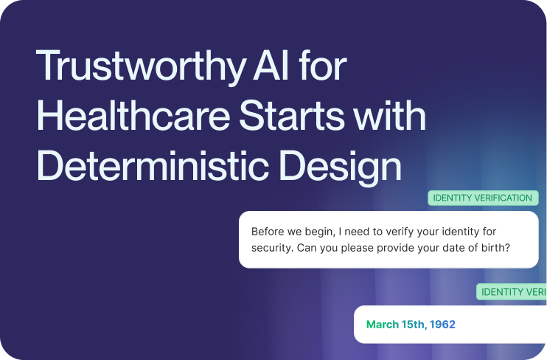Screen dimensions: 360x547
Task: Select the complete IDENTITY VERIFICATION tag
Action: tap(482, 198)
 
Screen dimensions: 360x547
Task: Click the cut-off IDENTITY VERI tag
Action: tap(512, 292)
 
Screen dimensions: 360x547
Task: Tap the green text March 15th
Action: tap(396, 325)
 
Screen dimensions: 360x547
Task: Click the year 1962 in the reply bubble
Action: tap(442, 325)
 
